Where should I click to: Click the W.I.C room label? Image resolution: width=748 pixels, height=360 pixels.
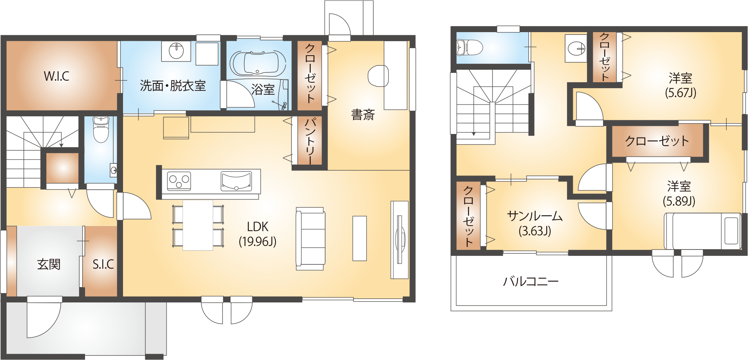tap(56, 76)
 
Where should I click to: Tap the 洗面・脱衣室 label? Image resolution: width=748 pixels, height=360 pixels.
tap(173, 85)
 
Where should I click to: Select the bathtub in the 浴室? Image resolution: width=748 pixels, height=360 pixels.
tap(257, 63)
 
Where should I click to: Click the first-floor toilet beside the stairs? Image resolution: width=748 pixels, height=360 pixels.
tap(100, 130)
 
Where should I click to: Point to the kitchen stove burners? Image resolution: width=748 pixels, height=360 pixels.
tap(179, 181)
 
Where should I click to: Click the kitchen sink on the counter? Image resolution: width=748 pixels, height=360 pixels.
tap(236, 181)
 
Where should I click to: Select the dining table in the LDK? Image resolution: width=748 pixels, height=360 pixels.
tap(198, 225)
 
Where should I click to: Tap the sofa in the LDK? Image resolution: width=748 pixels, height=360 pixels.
tap(310, 239)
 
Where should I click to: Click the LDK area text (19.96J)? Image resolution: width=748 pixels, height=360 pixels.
tap(258, 241)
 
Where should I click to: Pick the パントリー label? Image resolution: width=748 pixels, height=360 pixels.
tap(310, 141)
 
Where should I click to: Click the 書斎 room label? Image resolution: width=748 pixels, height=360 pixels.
tap(363, 115)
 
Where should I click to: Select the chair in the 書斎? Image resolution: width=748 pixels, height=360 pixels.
tap(378, 76)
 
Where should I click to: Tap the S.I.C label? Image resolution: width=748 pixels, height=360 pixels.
tap(103, 264)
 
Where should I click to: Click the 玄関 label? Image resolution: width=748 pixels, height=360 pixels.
tap(49, 264)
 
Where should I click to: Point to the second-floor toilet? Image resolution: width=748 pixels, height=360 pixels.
tap(469, 48)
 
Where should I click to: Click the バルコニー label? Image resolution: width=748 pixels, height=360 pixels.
tap(531, 281)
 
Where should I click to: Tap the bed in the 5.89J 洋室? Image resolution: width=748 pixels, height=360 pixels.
tap(702, 231)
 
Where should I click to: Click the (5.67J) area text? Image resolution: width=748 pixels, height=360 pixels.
tap(681, 93)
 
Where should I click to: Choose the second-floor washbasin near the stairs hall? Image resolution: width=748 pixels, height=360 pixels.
tap(576, 48)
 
